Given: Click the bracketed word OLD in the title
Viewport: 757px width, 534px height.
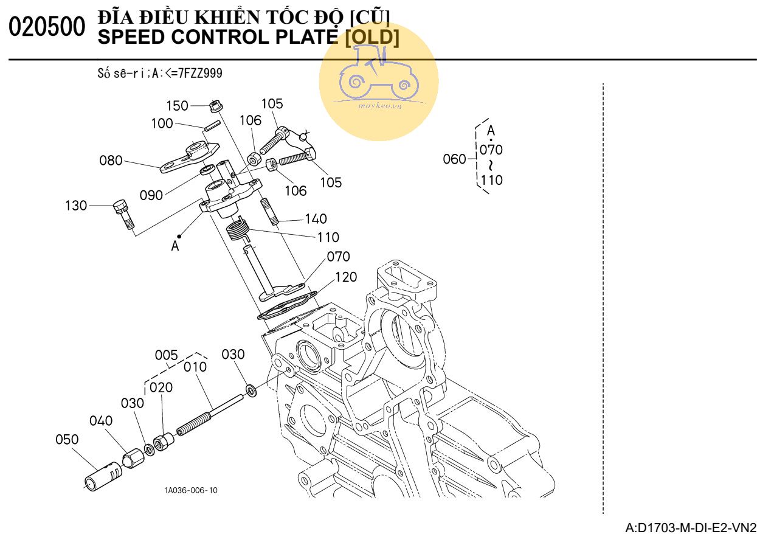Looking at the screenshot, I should pyautogui.click(x=372, y=38).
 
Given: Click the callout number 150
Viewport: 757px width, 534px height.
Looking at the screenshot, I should pyautogui.click(x=177, y=106).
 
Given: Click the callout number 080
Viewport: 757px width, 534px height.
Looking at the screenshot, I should pyautogui.click(x=111, y=161).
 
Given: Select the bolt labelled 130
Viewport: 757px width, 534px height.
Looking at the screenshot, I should pyautogui.click(x=123, y=212).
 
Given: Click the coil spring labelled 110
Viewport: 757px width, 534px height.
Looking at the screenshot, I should pyautogui.click(x=237, y=232).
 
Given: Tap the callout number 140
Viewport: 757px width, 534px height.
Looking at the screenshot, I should pyautogui.click(x=316, y=219).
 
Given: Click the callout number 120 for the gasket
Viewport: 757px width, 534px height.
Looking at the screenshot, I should pyautogui.click(x=345, y=277).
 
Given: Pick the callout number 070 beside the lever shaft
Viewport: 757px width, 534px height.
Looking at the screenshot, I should pyautogui.click(x=338, y=257).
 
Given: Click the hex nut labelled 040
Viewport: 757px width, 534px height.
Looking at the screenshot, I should pyautogui.click(x=133, y=457).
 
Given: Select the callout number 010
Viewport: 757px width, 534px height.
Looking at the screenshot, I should pyautogui.click(x=195, y=367).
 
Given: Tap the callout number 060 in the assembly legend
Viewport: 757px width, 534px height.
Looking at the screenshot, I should pyautogui.click(x=454, y=159).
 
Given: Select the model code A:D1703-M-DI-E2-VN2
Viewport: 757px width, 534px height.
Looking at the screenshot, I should pyautogui.click(x=691, y=526).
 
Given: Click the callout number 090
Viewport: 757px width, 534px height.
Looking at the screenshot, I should pyautogui.click(x=151, y=195).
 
